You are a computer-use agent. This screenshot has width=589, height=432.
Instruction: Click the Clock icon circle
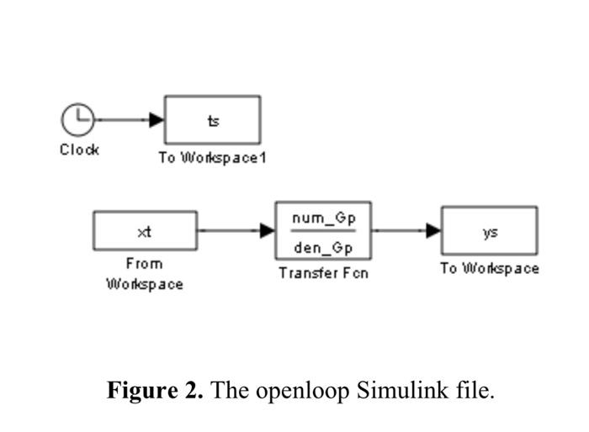point(77,119)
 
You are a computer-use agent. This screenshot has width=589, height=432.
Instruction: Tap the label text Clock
point(79,150)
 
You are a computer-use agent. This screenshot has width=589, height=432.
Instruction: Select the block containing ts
point(212,120)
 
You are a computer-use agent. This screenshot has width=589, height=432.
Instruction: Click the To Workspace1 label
point(212,158)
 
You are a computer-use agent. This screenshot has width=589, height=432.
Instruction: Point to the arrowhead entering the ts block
point(157,119)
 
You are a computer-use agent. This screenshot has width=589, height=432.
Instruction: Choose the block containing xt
point(145,230)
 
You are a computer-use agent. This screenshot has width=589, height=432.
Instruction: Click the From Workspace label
point(145,273)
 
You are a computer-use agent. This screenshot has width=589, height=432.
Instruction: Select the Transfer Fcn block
point(323,230)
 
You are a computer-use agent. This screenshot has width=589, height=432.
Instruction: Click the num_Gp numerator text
point(324,218)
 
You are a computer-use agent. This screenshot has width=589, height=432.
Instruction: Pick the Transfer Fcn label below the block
point(324,273)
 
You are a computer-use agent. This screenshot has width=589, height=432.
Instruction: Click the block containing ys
point(490,230)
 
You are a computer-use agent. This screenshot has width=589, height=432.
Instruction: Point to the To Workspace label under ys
point(490,269)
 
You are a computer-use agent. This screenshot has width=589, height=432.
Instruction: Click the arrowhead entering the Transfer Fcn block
point(268,230)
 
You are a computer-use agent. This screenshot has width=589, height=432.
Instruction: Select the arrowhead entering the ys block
point(434,230)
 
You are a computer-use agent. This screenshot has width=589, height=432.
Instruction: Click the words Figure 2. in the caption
point(155,391)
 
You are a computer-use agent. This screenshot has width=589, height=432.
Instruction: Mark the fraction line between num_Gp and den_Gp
point(324,231)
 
